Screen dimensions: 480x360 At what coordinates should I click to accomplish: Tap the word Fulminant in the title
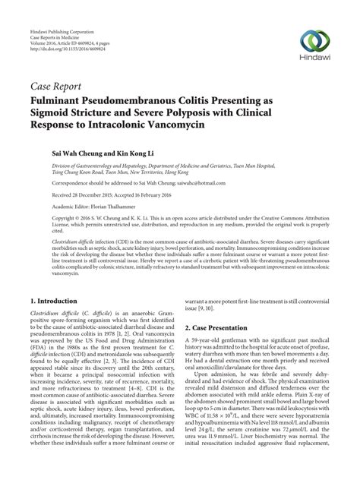63,99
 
